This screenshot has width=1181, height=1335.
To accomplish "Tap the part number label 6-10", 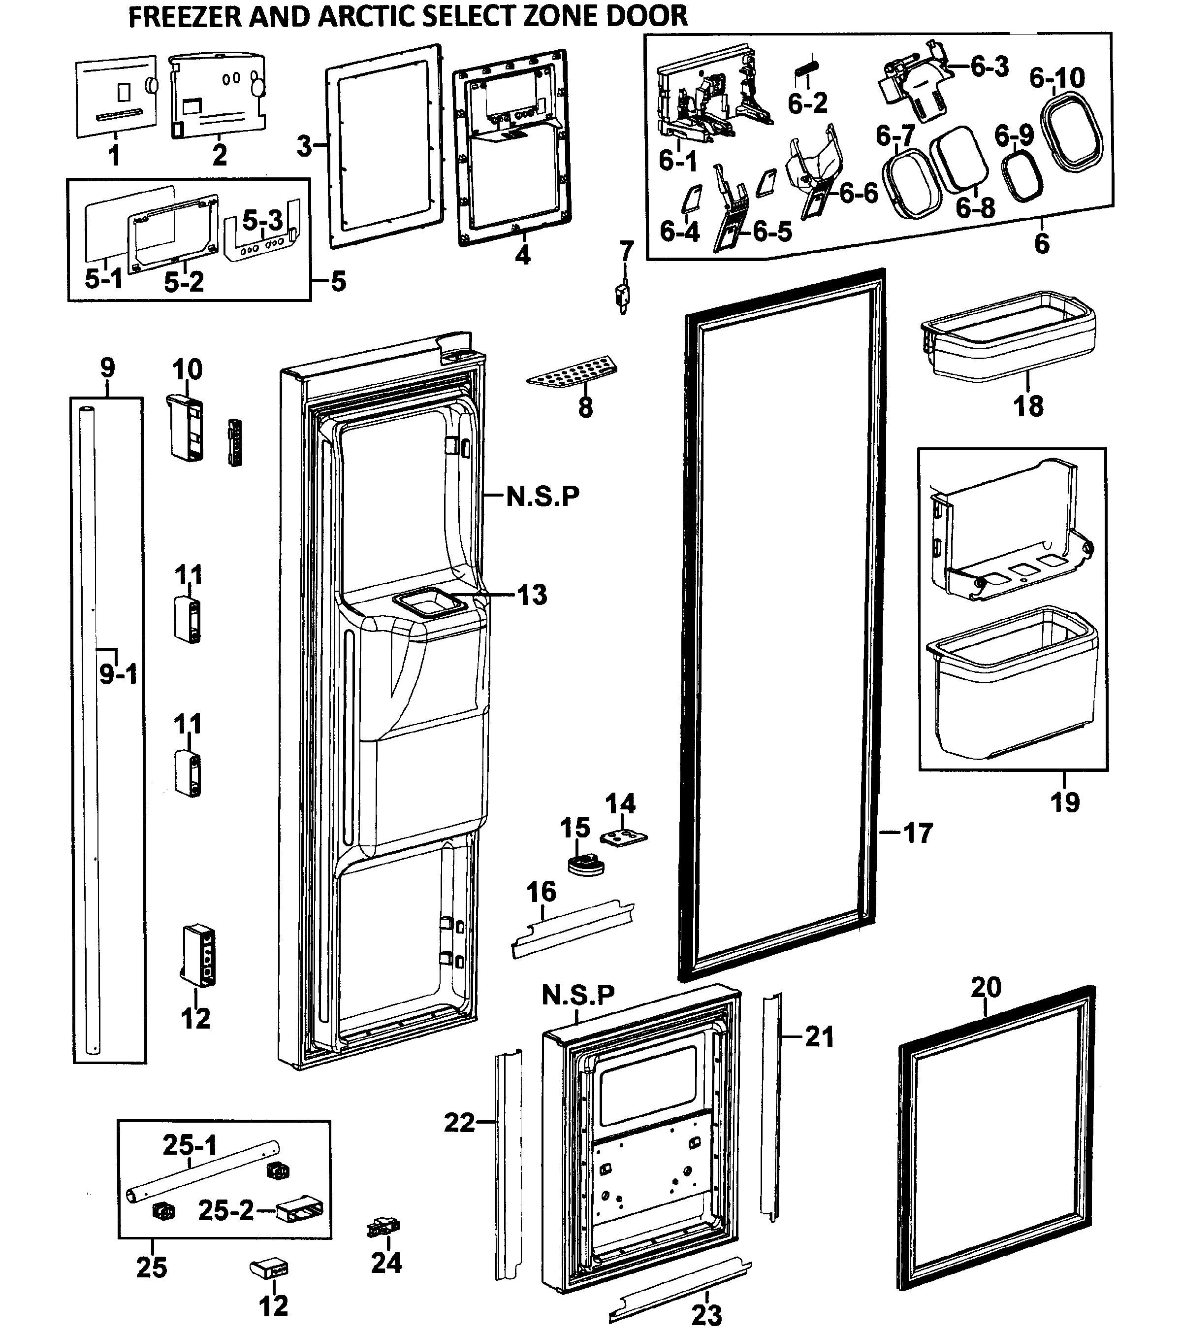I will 1057,78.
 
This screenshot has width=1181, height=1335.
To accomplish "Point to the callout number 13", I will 532,595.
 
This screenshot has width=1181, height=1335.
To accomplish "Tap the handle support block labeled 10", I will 186,428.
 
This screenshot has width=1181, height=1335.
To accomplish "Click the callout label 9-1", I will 119,673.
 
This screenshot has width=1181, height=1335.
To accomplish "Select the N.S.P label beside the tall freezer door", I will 543,497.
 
